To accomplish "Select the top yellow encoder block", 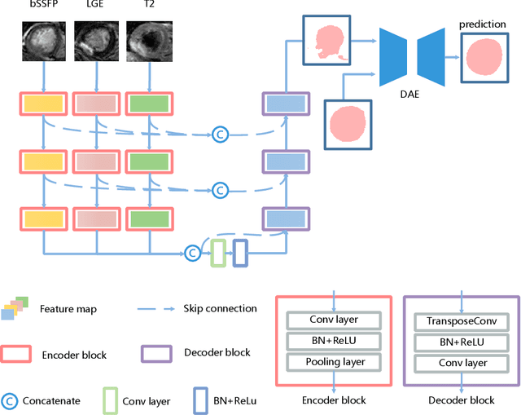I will (41, 104).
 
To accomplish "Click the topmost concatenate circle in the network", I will (220, 133).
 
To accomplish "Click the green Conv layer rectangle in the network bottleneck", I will (217, 252).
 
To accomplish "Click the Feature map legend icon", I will (18, 307).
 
